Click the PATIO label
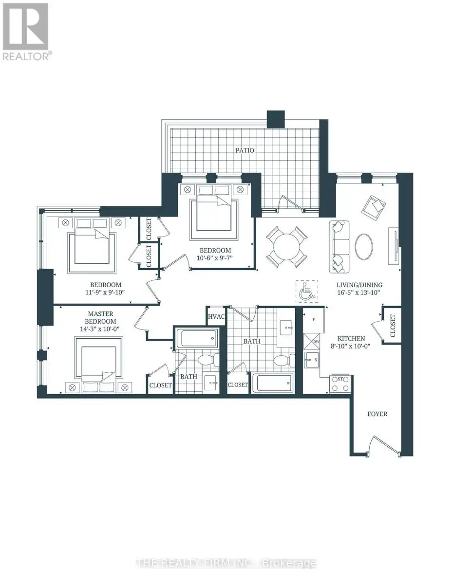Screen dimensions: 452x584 (x=245, y=150)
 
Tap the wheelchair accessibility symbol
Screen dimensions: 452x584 (x=306, y=292)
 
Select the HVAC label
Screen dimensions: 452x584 (x=216, y=317)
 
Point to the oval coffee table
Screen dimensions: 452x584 (x=364, y=246)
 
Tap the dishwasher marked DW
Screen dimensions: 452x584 (x=312, y=342)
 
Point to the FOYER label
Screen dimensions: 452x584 (x=377, y=414)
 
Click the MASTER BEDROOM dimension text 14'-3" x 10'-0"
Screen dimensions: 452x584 (x=99, y=329)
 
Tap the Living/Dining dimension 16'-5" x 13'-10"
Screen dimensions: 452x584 (x=358, y=292)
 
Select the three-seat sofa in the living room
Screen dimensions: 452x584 (x=339, y=247)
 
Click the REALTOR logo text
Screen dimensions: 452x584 (x=26, y=57)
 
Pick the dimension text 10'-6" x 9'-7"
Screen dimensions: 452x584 (x=214, y=258)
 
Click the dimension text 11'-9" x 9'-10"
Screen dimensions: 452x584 (x=105, y=292)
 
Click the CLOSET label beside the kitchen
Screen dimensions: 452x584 (x=393, y=326)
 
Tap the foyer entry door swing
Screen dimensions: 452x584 (x=384, y=444)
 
